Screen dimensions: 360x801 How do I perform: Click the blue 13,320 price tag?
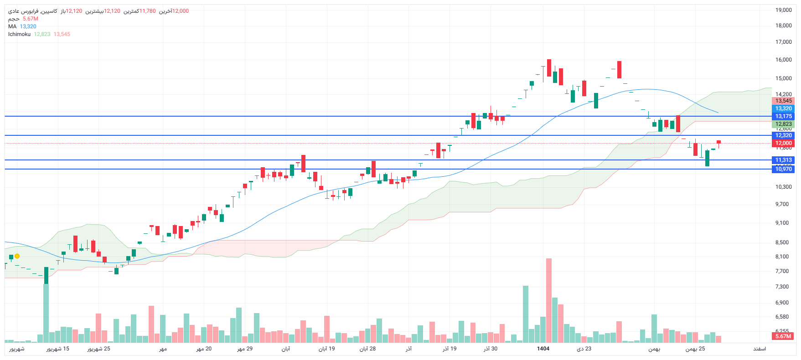click(x=783, y=108)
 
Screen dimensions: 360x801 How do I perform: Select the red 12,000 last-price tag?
click(x=783, y=143)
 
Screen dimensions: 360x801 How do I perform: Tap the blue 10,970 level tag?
click(x=783, y=169)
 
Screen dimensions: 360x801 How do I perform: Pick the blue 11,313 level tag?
click(x=783, y=160)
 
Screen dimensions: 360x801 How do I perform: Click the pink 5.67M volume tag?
click(x=783, y=336)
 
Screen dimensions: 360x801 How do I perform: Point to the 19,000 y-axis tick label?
click(x=783, y=10)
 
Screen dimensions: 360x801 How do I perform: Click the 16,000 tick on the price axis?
click(x=783, y=60)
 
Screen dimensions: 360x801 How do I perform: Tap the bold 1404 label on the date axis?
click(x=543, y=349)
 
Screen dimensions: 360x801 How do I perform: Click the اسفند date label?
click(x=759, y=349)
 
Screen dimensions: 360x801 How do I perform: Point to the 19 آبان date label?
click(x=326, y=349)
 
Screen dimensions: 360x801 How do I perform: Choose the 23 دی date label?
click(x=584, y=349)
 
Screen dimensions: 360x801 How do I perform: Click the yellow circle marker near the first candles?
click(x=17, y=256)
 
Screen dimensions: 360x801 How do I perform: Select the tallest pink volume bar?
click(x=549, y=301)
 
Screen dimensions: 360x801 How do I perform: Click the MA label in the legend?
click(x=12, y=26)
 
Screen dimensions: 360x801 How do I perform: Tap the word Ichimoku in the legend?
click(x=19, y=34)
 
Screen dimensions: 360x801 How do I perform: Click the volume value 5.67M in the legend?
click(x=31, y=19)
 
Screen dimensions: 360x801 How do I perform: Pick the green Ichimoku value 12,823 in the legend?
click(x=42, y=34)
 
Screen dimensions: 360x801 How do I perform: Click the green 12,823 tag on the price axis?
click(x=783, y=124)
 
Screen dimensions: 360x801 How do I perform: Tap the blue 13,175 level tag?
click(x=783, y=116)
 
